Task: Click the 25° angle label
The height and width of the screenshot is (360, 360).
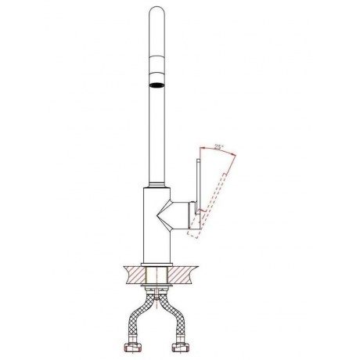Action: tap(218, 147)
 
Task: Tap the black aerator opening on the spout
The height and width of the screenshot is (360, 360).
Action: tap(157, 85)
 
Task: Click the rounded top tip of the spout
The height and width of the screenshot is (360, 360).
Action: tap(157, 8)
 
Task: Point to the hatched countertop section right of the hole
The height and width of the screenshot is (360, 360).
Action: tap(182, 275)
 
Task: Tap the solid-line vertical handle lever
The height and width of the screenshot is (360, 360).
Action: tap(199, 186)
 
